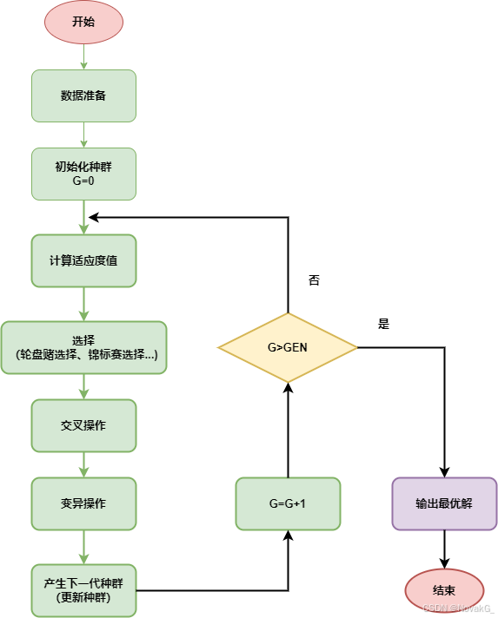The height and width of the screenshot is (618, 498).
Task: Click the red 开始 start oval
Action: (83, 22)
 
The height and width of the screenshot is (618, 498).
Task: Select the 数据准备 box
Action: (83, 95)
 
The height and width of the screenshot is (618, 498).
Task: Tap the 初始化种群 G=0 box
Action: (83, 174)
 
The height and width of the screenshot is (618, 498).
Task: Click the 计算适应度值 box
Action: (83, 260)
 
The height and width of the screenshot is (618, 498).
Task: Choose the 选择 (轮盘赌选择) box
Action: (83, 347)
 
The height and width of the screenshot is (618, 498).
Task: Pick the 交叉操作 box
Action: (83, 425)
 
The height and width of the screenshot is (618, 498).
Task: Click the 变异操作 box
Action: (83, 503)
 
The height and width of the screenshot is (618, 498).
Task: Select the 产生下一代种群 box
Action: (83, 589)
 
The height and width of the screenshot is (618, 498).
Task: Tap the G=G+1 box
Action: (288, 503)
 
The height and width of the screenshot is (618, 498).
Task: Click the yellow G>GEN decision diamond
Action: (288, 347)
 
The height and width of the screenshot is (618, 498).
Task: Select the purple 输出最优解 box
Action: (444, 503)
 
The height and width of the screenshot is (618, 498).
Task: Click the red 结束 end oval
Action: (444, 590)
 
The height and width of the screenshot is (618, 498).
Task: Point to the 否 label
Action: (314, 280)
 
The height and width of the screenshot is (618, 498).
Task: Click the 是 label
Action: (383, 324)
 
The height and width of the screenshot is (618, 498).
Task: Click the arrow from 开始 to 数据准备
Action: (83, 56)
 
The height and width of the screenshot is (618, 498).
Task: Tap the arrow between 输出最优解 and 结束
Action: (444, 549)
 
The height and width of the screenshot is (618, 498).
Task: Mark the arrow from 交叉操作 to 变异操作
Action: (83, 464)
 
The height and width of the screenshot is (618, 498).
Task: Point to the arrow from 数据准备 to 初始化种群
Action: (83, 135)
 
